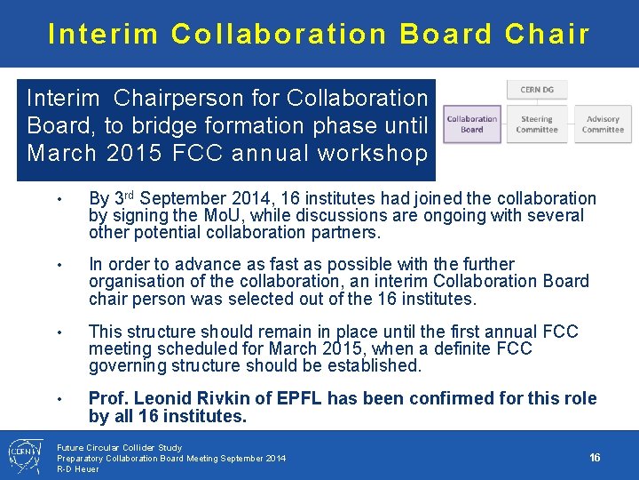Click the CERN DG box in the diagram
pos(537,89)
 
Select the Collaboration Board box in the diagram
pos(471,124)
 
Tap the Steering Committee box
pos(537,124)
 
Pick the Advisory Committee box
pos(603,124)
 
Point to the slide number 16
pos(595,457)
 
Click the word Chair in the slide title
pos(547,34)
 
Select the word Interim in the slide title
pos(103,34)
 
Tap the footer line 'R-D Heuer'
pos(78,468)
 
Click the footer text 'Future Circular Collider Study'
pos(119,447)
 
